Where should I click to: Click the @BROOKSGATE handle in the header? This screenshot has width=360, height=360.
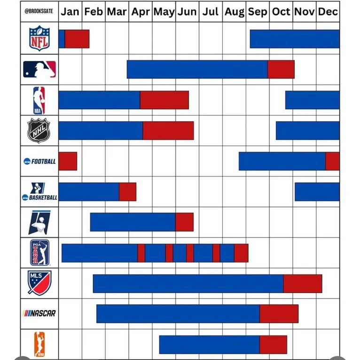coord(39,12)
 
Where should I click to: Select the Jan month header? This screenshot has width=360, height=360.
coord(70,12)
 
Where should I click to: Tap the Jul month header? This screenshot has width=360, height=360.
coord(211,12)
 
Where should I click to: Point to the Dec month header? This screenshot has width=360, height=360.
coord(328,12)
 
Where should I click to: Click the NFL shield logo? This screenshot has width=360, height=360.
coord(39,38)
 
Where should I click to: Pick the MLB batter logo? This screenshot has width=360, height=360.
coord(39,69)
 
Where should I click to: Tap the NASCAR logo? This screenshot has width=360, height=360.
coord(39,313)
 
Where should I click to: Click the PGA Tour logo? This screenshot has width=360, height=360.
coord(39,253)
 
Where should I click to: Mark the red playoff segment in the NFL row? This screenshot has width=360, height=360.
coord(77,39)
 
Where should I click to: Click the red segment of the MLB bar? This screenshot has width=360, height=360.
coord(281,69)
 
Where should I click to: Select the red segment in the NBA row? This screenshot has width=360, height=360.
coord(164,100)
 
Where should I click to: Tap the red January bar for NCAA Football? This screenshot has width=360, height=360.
coord(68,161)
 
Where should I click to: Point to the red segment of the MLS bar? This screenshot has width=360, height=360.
coord(303,283)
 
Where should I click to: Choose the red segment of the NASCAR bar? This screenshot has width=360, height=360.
coord(279,314)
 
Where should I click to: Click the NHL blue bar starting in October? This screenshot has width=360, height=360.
coord(307,130)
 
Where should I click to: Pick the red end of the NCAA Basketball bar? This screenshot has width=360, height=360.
coord(127,191)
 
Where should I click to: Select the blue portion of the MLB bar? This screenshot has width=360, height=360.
coord(197,69)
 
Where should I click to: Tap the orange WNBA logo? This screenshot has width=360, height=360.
coord(39,344)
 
